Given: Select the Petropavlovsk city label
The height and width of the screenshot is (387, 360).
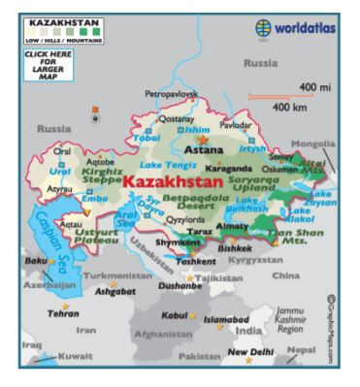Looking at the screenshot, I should [171, 94].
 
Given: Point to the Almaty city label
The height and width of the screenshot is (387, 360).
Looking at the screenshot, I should [232, 225].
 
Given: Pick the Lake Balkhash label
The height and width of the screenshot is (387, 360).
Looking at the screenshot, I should [248, 204].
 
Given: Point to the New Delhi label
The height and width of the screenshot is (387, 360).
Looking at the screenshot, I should [250, 352].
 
